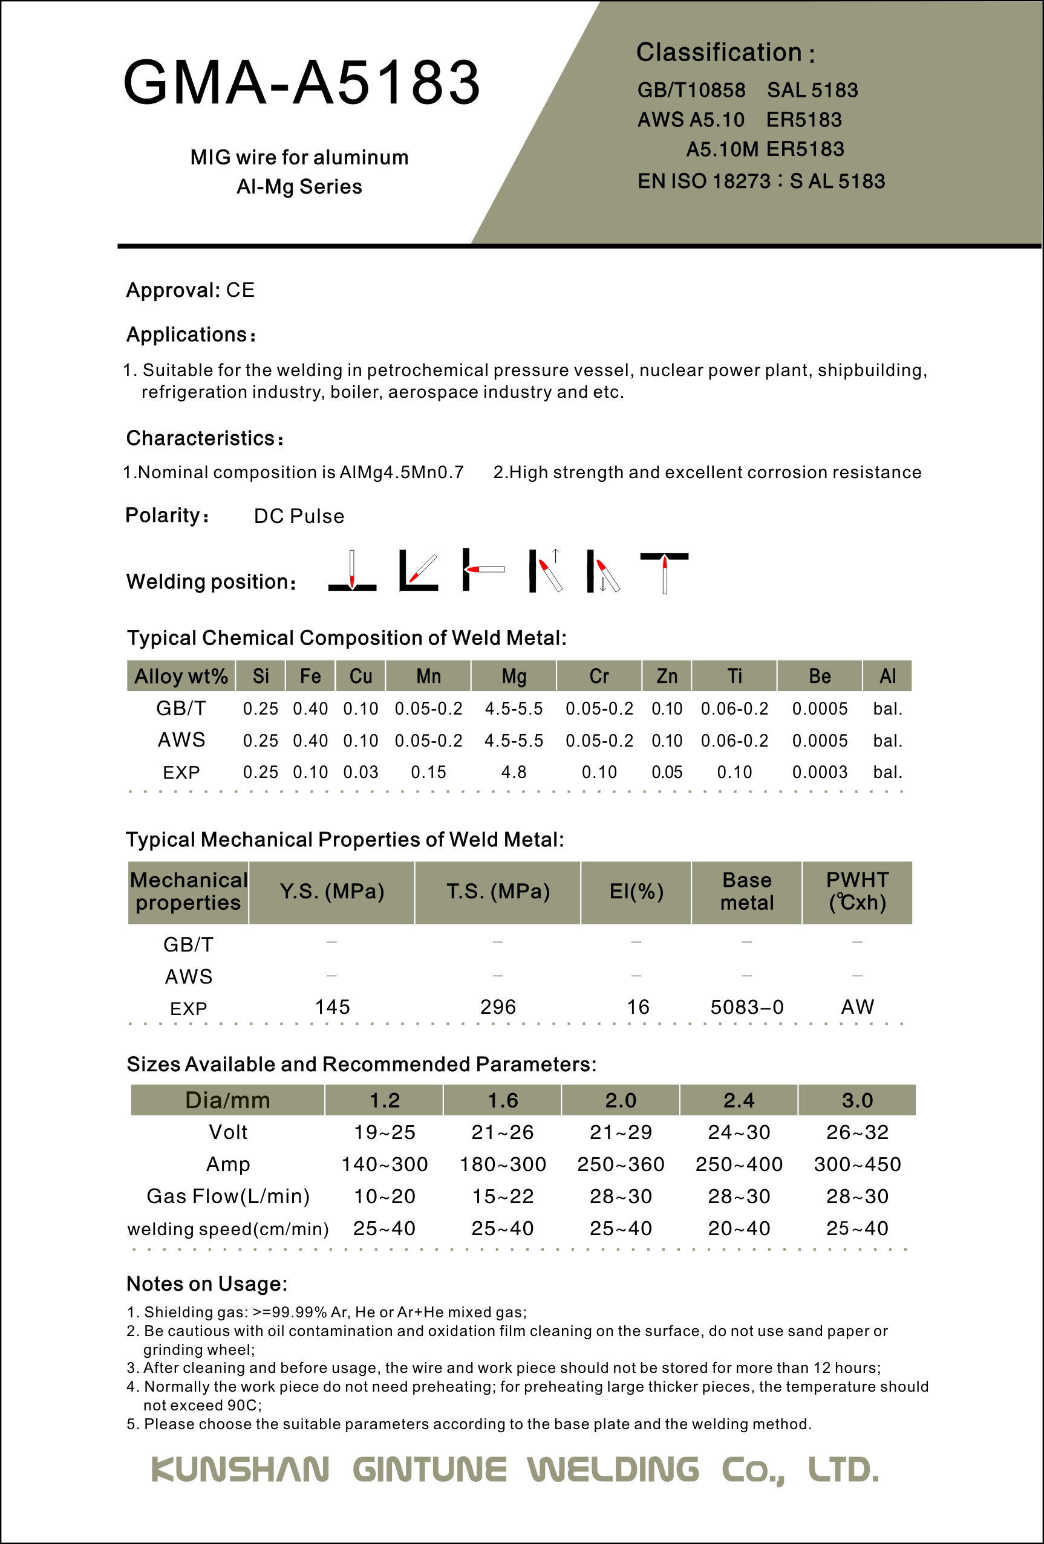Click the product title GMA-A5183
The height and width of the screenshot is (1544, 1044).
302,82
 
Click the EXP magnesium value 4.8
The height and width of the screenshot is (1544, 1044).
514,772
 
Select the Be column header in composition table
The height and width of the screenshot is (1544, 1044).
820,676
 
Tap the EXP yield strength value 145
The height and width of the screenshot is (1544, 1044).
332,1007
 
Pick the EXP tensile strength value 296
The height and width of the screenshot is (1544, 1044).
498,1007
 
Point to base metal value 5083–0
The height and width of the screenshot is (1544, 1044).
747,1007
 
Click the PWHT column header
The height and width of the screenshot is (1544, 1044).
857,892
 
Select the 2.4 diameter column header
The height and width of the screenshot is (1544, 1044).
739,1100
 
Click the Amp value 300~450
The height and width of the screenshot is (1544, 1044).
857,1164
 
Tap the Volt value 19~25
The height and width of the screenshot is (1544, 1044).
385,1132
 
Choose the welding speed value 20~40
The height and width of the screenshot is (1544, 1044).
739,1228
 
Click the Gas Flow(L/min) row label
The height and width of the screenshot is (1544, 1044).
228,1196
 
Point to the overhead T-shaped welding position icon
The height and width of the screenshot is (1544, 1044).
665,571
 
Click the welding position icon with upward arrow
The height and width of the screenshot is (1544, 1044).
546,571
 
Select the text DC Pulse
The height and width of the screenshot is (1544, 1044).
299,516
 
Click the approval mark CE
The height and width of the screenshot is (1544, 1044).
240,290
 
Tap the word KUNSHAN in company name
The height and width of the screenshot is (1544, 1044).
241,1470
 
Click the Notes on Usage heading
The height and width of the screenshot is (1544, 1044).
207,1283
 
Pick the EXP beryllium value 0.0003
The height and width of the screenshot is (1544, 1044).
820,772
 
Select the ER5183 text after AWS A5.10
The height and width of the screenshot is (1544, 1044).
803,120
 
